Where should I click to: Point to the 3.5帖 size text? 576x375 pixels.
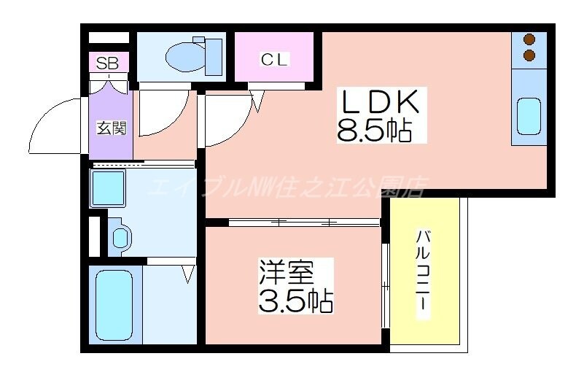pyautogui.click(x=295, y=300)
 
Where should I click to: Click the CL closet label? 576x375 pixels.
pyautogui.click(x=274, y=60)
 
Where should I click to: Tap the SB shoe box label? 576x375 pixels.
pyautogui.click(x=108, y=63)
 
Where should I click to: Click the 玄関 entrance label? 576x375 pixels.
pyautogui.click(x=112, y=128)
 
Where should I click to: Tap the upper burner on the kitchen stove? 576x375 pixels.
pyautogui.click(x=529, y=39)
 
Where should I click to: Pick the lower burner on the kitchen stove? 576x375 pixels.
pyautogui.click(x=529, y=55)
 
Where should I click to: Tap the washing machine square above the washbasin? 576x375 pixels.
pyautogui.click(x=108, y=188)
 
